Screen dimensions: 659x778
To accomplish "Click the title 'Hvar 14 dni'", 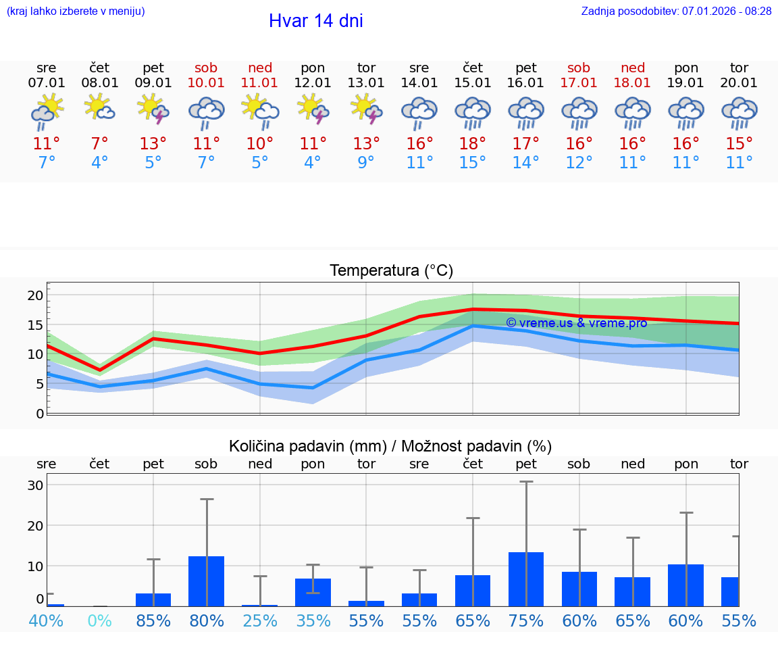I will pos(315,21).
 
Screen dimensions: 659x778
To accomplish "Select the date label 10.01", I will pos(206,83).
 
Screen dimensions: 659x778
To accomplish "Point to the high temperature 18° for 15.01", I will pos(472,143).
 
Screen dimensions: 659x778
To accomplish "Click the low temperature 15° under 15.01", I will pos(472,163).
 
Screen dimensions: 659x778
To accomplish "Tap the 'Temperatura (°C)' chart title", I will pos(391,270).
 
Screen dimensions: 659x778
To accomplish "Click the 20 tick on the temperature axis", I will pos(35,295).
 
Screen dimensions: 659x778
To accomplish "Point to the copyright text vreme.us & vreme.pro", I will pos(577,322).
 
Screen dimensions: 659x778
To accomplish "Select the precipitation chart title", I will pos(390,446).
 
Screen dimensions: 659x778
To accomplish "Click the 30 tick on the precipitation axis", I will pos(35,485).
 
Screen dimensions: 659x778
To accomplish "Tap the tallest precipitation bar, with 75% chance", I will pos(526,579).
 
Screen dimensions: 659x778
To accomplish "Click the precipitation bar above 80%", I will pos(206,581).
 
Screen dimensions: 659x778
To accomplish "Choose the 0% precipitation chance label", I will pos(99,620).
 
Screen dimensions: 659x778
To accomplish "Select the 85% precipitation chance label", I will pos(153,620).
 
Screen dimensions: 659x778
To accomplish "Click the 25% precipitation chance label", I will pos(260,620).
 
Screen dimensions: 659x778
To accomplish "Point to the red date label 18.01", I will pos(633,83).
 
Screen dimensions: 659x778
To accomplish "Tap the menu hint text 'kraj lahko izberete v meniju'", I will pos(75,11).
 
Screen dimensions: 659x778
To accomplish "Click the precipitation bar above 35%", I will pos(313,592).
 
